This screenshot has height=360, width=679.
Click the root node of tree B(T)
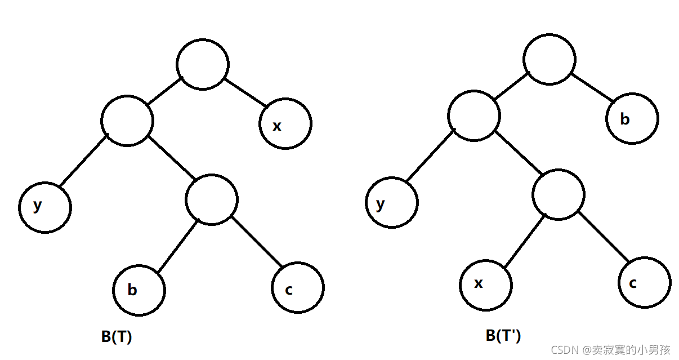tap(203, 64)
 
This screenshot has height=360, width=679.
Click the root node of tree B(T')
tap(550, 60)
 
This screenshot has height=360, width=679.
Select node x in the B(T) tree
tap(285, 125)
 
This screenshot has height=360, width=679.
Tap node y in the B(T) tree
tap(45, 207)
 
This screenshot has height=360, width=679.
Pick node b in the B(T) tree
tap(139, 289)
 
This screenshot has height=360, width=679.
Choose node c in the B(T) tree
tap(298, 287)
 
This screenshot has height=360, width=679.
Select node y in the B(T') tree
tap(392, 203)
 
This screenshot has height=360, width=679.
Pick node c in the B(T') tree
tap(645, 283)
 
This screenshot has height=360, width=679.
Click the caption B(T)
tap(117, 337)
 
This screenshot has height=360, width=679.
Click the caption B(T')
tap(503, 336)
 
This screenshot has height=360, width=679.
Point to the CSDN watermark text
tap(610, 350)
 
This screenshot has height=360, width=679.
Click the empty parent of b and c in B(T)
tap(212, 200)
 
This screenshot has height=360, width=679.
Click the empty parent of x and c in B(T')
tap(559, 194)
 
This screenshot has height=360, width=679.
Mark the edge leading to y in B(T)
tap(83, 160)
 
